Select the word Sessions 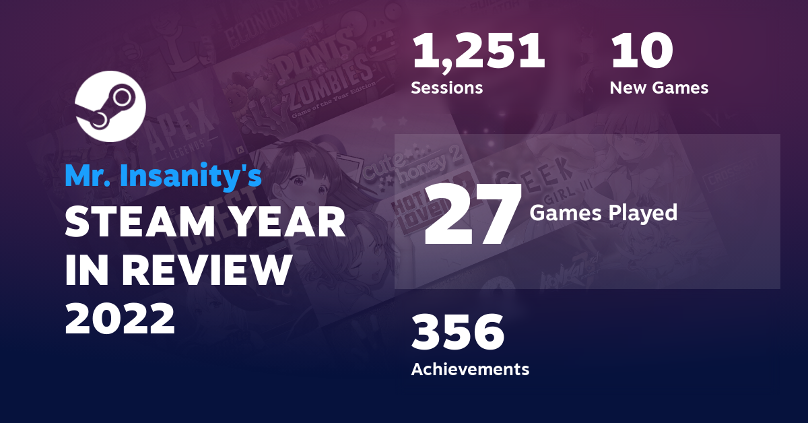[446, 88]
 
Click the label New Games [659, 88]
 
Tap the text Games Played [603, 213]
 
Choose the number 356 [458, 333]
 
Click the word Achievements [470, 369]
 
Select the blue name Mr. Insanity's [163, 176]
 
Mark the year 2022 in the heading [121, 319]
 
